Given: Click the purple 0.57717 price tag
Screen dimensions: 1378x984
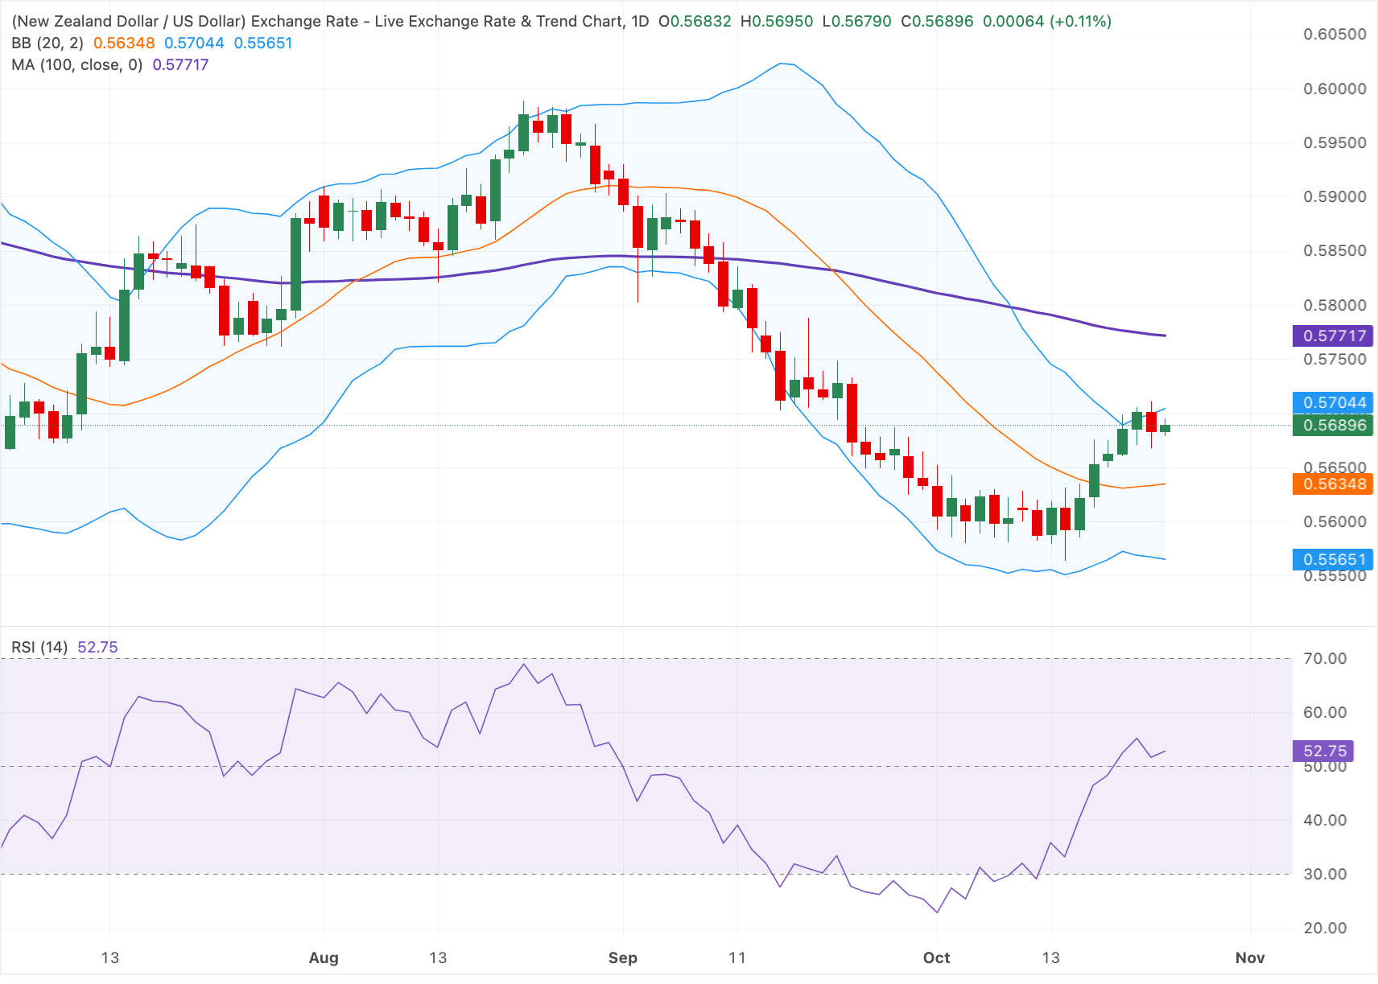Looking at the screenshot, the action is coord(1332,336).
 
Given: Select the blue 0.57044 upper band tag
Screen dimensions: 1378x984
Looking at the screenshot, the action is coord(1332,403).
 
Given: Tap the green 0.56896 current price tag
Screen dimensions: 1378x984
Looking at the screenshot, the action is coord(1332,425).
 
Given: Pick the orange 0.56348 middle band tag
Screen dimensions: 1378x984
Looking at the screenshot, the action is coord(1332,484).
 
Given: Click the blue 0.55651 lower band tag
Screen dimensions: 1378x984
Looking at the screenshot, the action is coord(1332,560).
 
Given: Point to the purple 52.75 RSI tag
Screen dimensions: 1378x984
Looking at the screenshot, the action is coord(1323,751).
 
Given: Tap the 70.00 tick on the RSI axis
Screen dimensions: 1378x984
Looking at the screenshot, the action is coord(1325,659).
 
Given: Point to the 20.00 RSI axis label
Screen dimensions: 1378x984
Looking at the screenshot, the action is coord(1325,928).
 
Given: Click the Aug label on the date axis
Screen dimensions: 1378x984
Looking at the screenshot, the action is coord(324,957).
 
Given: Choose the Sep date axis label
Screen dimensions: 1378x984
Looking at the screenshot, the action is coord(622,957).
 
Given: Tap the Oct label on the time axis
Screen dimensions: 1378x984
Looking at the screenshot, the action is coord(936,957).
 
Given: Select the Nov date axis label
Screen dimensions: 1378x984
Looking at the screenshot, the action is coord(1250,957).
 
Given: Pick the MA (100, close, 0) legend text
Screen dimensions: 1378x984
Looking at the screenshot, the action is coord(77,64).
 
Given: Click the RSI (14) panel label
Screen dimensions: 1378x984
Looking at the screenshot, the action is coord(39,647).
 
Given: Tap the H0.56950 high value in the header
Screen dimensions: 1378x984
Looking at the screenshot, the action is coord(777,22).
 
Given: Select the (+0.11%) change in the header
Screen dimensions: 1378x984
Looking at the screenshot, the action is coord(1080,22).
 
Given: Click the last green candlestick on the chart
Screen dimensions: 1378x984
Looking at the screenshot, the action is coord(1166,428).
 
